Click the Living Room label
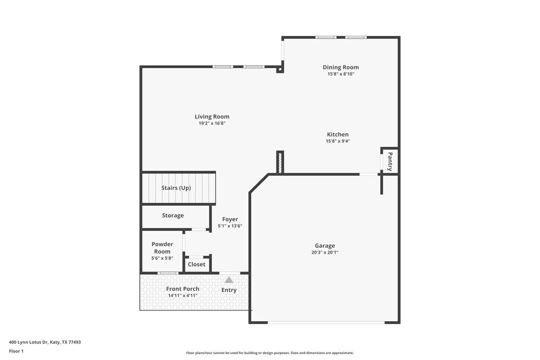click(x=212, y=117)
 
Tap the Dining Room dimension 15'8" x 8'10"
click(x=341, y=74)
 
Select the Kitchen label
click(x=337, y=134)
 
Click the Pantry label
click(x=390, y=161)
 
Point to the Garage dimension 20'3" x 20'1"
click(x=325, y=252)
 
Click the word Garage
click(x=325, y=246)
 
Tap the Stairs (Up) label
click(x=176, y=188)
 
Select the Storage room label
click(x=173, y=215)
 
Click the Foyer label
click(x=230, y=219)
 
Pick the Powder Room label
click(x=162, y=248)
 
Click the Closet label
click(x=197, y=264)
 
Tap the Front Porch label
click(x=183, y=289)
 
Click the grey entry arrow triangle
click(x=229, y=280)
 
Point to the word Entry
click(x=229, y=290)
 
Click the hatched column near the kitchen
click(x=280, y=162)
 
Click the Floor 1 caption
click(x=16, y=351)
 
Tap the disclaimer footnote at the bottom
click(x=270, y=352)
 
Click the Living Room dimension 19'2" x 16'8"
click(x=212, y=124)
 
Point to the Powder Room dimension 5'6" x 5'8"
click(x=162, y=259)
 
